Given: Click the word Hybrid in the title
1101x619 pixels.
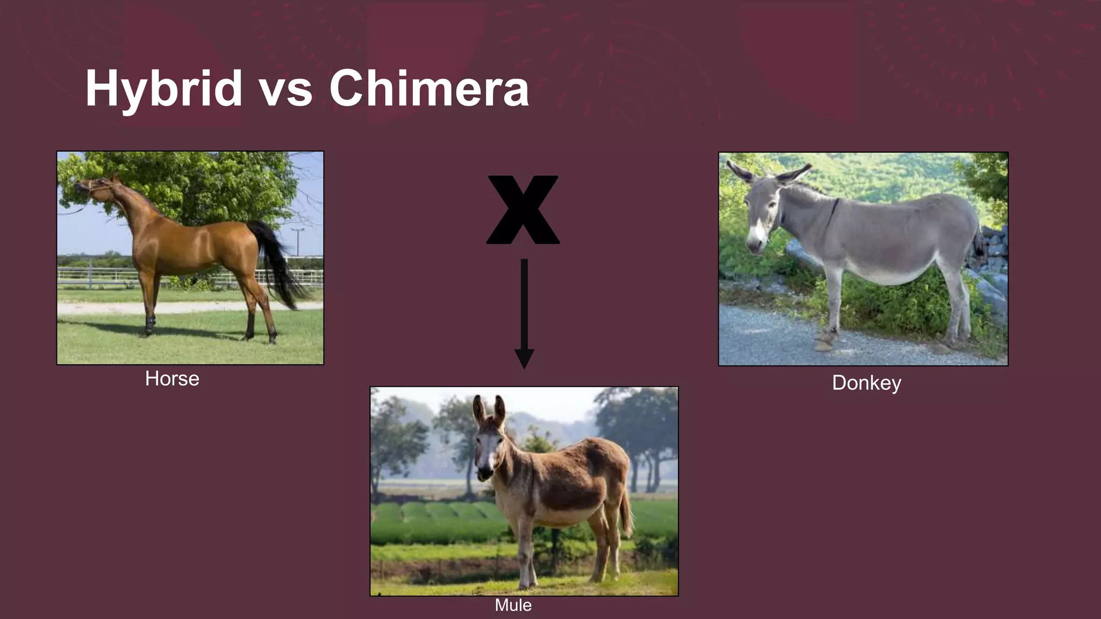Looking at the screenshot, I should (164, 89).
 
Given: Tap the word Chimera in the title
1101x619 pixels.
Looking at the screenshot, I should (428, 89).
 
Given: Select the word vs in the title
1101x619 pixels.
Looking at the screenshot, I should (285, 91).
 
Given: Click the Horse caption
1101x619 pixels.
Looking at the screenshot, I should (172, 379).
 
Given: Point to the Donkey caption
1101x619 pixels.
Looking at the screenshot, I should (866, 383).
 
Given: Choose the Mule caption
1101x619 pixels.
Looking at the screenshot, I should (513, 605).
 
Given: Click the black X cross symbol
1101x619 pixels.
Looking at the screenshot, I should (523, 210).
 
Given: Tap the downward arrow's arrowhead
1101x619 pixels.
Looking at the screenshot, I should (524, 358).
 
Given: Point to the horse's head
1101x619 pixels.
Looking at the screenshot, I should (94, 187).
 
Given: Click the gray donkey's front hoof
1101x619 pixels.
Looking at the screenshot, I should (824, 344).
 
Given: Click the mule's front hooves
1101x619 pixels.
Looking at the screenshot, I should (527, 583).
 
